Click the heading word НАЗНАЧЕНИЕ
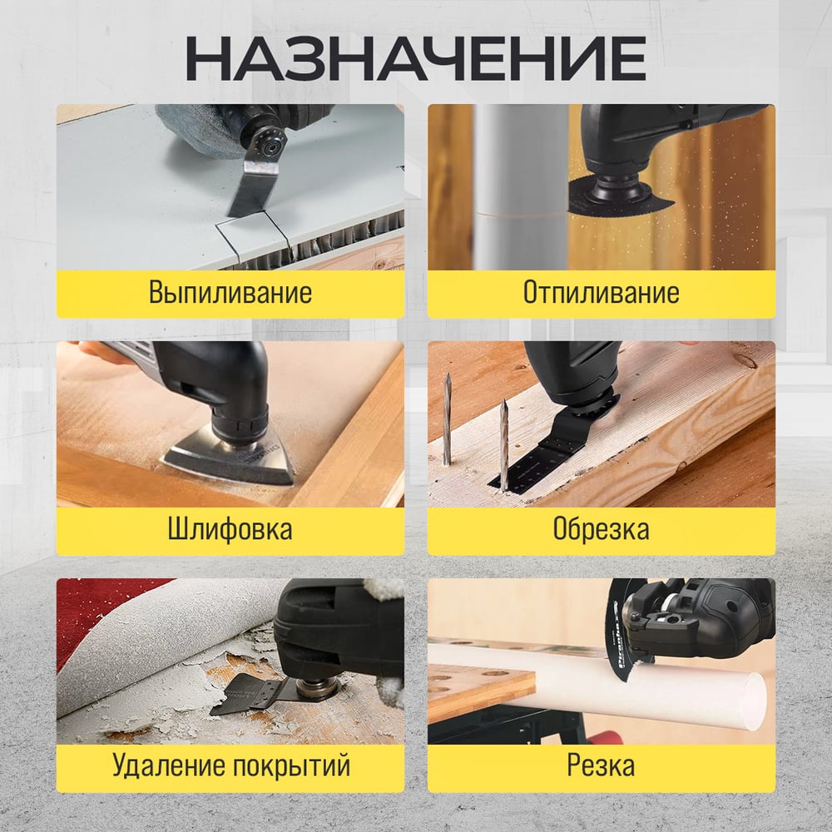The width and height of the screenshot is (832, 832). [416, 58]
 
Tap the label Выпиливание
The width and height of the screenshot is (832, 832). [230, 292]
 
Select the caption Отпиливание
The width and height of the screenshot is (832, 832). [602, 292]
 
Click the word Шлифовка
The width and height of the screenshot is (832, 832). [230, 529]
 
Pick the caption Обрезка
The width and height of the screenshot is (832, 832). [602, 529]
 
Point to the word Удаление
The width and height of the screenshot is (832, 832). [169, 765]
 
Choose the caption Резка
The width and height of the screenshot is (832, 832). [602, 765]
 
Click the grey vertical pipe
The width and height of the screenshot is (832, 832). [521, 186]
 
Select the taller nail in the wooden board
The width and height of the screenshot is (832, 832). [448, 419]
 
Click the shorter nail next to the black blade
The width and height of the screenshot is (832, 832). [504, 446]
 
